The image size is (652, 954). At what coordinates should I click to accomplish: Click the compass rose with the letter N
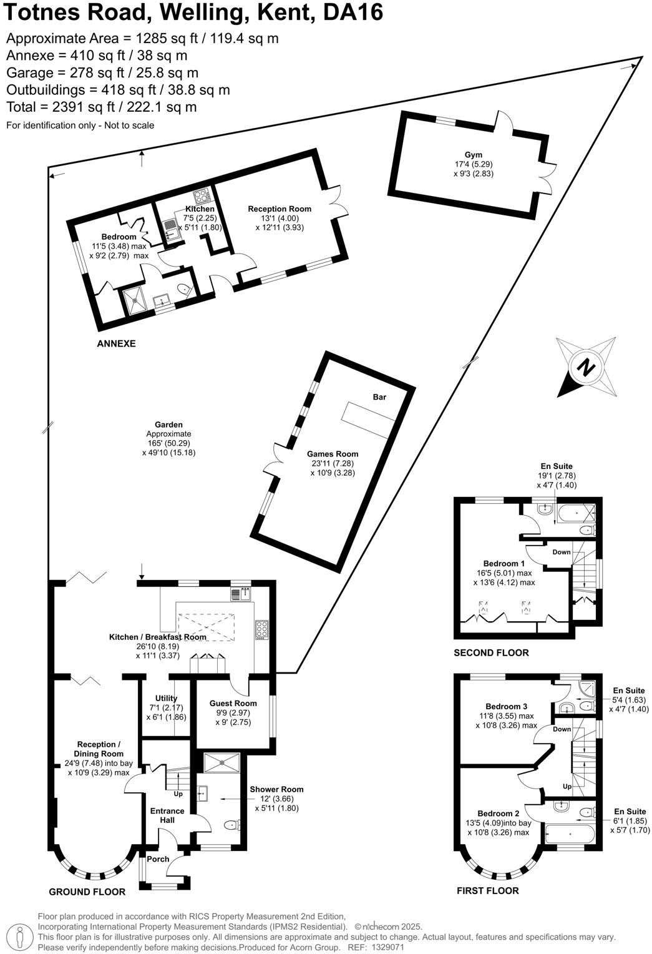(x=585, y=367)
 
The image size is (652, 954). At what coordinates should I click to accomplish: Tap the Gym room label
(x=473, y=155)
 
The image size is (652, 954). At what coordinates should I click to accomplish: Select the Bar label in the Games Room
(x=379, y=397)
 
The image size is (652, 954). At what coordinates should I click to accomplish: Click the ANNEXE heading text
(x=116, y=343)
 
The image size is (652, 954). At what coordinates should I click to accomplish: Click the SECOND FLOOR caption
(x=491, y=653)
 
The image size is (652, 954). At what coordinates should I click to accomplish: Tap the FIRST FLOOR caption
(x=487, y=890)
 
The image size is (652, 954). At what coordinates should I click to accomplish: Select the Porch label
(x=158, y=859)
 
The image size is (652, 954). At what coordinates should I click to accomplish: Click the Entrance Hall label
(x=167, y=815)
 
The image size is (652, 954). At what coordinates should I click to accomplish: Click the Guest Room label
(x=233, y=703)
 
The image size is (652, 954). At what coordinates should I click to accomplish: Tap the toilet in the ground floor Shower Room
(x=231, y=825)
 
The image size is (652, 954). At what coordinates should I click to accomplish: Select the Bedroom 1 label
(x=501, y=563)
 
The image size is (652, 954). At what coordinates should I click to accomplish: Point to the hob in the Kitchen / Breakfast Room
(x=261, y=631)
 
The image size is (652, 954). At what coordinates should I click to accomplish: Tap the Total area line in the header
(x=101, y=107)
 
